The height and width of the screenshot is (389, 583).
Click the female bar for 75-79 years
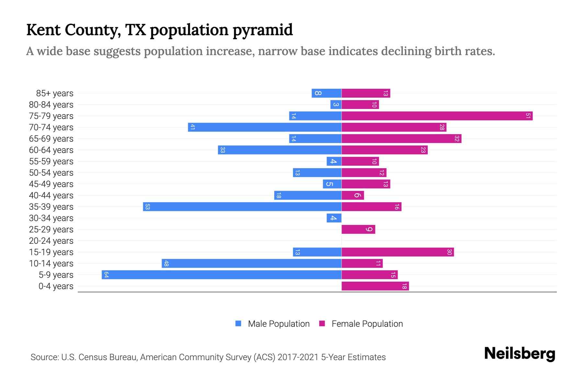pyautogui.click(x=437, y=116)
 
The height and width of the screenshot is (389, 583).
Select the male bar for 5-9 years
pyautogui.click(x=222, y=275)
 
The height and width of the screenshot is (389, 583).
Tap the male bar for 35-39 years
pyautogui.click(x=242, y=207)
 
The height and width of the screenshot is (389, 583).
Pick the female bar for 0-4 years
pyautogui.click(x=375, y=286)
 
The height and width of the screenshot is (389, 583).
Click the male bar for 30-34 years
pyautogui.click(x=334, y=218)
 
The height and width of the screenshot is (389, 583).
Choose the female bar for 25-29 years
pyautogui.click(x=358, y=230)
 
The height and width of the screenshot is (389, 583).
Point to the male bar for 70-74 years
pyautogui.click(x=265, y=127)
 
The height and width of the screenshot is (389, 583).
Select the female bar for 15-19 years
pyautogui.click(x=398, y=252)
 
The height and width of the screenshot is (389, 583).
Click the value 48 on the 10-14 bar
pyautogui.click(x=166, y=264)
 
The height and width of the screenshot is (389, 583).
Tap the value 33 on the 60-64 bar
pyautogui.click(x=223, y=150)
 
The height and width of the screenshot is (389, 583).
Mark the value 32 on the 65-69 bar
pyautogui.click(x=457, y=139)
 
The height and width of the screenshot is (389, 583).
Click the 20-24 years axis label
pyautogui.click(x=51, y=241)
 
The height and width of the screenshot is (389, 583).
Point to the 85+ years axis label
pyautogui.click(x=55, y=93)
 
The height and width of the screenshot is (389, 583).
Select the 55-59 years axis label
pyautogui.click(x=51, y=161)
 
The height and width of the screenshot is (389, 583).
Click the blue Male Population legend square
pyautogui.click(x=238, y=324)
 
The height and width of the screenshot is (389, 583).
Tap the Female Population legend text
pyautogui.click(x=367, y=324)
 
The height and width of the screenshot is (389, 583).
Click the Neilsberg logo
pyautogui.click(x=520, y=354)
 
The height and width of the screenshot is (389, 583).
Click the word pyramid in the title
pyautogui.click(x=263, y=30)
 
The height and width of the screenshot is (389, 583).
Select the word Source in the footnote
pyautogui.click(x=44, y=357)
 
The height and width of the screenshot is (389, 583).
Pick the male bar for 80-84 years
pyautogui.click(x=336, y=105)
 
